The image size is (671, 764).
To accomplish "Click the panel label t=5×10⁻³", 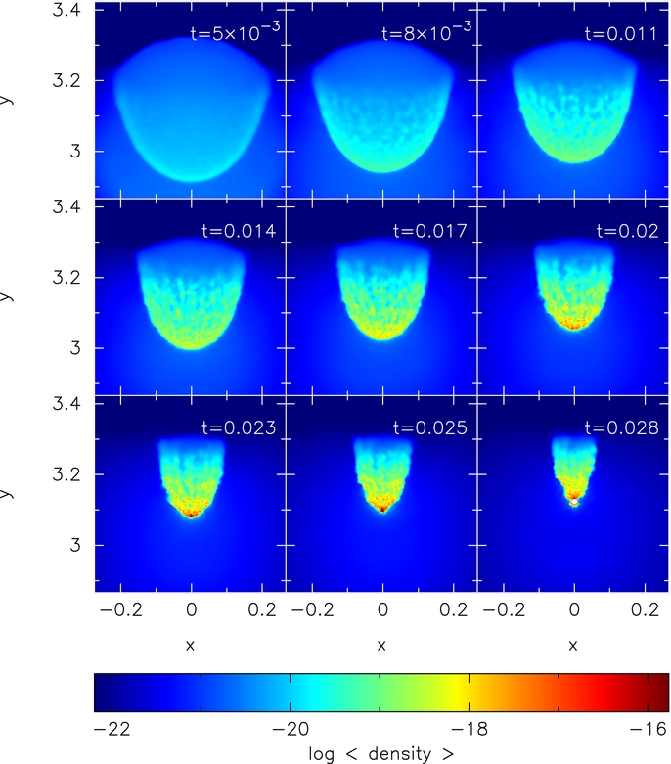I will tap(234, 33).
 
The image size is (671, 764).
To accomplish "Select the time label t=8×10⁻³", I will tap(426, 33).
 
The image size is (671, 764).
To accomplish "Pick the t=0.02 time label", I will tap(629, 232).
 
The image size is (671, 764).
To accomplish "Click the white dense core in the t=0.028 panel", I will tap(574, 503).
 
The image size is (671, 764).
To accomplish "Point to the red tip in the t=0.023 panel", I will tap(192, 512).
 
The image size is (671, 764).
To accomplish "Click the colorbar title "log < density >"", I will tap(381, 753).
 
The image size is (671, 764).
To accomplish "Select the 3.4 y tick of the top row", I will tap(64, 12).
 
